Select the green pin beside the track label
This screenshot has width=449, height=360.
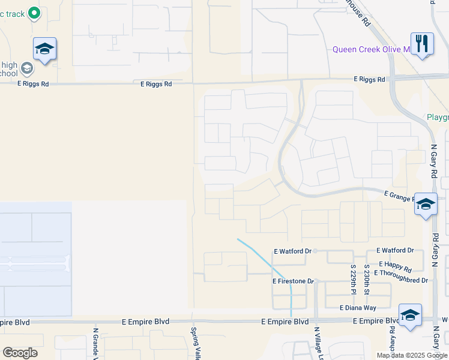point(34,12)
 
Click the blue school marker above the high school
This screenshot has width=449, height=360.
point(44,49)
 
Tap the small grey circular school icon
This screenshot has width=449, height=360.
point(26,68)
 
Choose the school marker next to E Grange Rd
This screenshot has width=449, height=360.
point(426,205)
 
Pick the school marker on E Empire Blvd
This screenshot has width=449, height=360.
point(410,315)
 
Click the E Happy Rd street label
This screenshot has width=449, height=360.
point(396,270)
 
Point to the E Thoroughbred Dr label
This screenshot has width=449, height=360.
point(400,280)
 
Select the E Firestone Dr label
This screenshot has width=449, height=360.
point(294,281)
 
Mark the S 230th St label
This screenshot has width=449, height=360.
point(366,275)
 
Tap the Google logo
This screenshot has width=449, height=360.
point(20,353)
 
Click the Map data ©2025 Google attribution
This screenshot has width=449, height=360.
point(412,355)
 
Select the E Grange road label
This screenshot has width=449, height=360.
point(399,196)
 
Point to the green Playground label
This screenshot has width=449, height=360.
point(438,117)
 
